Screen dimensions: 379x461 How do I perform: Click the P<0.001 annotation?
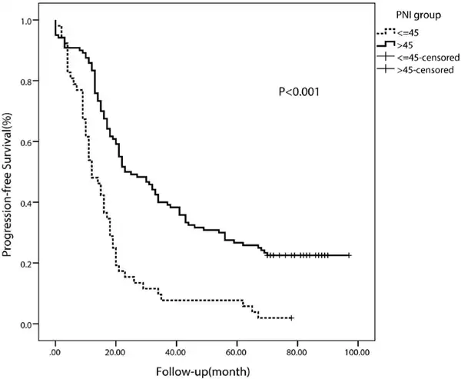298,91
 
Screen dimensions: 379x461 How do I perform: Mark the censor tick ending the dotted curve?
291,317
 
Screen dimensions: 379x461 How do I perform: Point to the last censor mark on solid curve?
350,255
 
